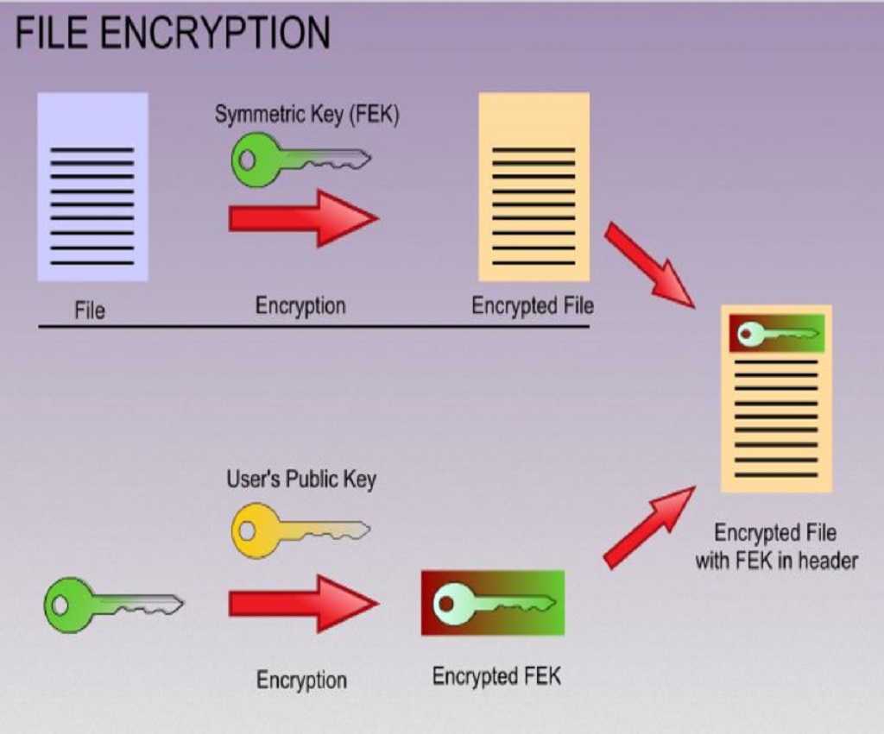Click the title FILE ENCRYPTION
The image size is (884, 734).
pos(173,33)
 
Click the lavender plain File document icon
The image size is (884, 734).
pos(92,187)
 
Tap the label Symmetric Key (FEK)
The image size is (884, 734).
pos(306,115)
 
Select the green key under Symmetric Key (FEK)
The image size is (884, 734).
pos(300,160)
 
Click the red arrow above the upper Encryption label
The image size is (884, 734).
pos(303,218)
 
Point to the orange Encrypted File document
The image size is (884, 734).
pos(534,187)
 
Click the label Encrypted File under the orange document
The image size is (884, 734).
pos(533,306)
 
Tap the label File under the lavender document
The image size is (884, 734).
pos(90,311)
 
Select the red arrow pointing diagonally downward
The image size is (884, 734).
pos(649,265)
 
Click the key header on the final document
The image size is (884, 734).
pos(777,334)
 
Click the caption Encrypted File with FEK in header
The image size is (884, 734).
pos(776,547)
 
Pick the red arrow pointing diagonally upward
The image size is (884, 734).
pos(649,527)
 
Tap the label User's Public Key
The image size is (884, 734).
pos(301,480)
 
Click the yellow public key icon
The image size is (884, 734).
pos(300,530)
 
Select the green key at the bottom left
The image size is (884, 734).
pos(113,605)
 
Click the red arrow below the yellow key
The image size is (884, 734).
pos(303,604)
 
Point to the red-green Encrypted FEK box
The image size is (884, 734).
pos(493,603)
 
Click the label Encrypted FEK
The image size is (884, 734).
pos(496,676)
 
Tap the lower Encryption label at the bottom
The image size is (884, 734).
pos(301,680)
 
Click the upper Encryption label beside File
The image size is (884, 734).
pos(300,306)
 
